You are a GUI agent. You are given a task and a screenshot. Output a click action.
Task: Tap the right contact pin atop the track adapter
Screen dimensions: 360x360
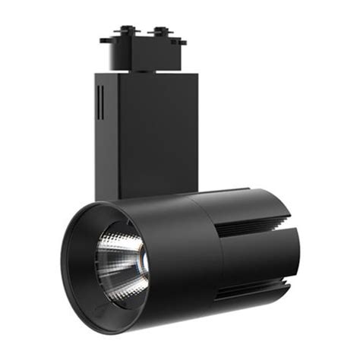pyautogui.click(x=159, y=31)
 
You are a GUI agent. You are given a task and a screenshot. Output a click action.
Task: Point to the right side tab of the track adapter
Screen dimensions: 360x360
pyautogui.click(x=181, y=41)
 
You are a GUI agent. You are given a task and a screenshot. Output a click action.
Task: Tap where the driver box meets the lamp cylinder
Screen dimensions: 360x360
pyautogui.click(x=152, y=196)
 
